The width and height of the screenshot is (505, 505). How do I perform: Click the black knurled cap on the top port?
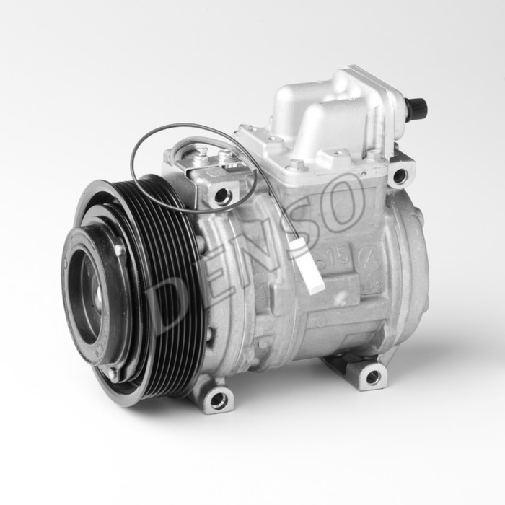pyautogui.click(x=416, y=108)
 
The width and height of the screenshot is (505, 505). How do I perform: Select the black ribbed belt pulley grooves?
pyautogui.click(x=170, y=289)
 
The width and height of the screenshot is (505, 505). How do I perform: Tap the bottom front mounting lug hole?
pyautogui.click(x=219, y=399)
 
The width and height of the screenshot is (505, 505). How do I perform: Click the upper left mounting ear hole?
pyautogui.click(x=222, y=194)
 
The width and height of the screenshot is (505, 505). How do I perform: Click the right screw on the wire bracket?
pyautogui.click(x=225, y=156)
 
